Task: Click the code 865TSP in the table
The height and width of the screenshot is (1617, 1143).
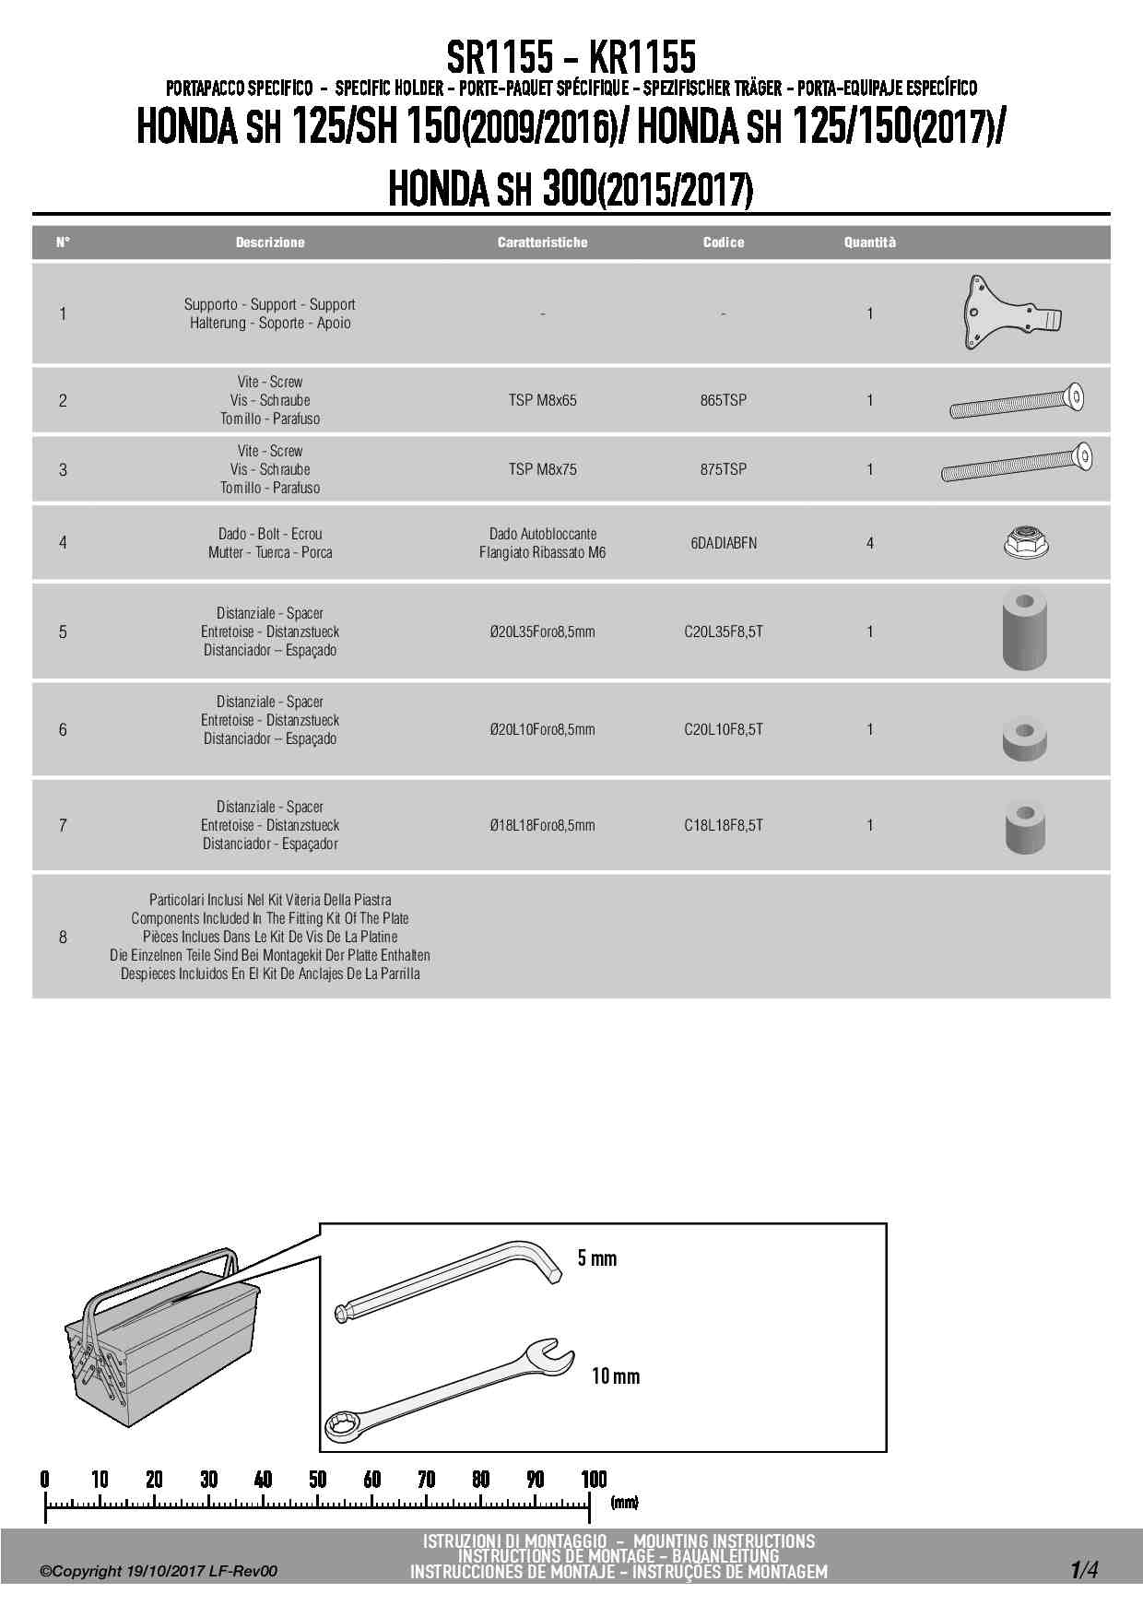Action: pos(723,400)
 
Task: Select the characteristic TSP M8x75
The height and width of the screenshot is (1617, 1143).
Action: pos(542,469)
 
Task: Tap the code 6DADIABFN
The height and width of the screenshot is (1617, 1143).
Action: pos(724,543)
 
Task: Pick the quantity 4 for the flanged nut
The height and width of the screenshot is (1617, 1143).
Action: pos(869,543)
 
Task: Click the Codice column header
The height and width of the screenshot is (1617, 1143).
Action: pos(723,242)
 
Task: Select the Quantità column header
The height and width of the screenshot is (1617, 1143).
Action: pos(869,242)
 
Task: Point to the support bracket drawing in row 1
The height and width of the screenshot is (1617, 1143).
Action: pos(1009,313)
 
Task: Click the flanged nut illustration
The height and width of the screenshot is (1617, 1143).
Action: pos(1027,542)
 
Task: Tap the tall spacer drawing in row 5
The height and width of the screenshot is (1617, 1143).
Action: pos(1024,630)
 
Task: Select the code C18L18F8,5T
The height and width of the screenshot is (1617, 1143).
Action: pos(723,825)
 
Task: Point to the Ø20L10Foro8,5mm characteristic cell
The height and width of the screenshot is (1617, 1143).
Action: pos(542,729)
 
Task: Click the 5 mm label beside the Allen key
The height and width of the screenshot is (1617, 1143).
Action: pos(596,1258)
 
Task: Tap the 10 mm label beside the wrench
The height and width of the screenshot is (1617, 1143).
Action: pos(615,1376)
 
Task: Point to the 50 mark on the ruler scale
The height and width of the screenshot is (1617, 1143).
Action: pos(317,1480)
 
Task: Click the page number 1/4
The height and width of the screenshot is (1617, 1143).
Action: pos(1083,1569)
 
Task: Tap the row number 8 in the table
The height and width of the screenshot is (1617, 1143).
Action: pos(63,937)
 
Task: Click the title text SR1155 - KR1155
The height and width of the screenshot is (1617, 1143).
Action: pos(571,57)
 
